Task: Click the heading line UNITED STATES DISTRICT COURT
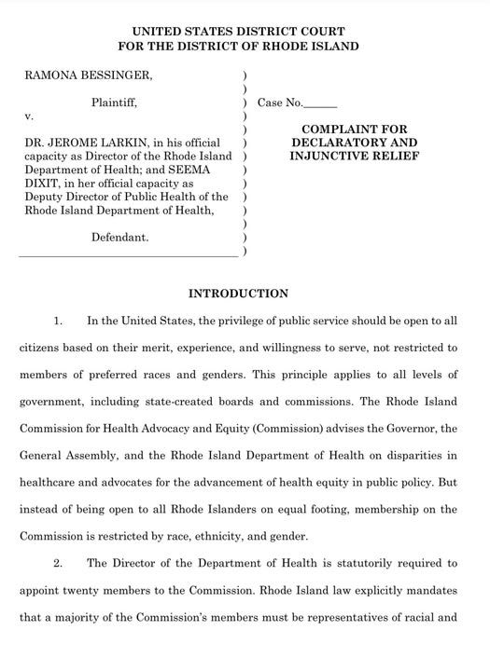238,31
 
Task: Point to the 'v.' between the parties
29,116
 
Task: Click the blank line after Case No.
321,103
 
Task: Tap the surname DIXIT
41,184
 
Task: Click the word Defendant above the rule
119,238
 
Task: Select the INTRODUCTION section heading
238,294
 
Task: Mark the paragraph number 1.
58,322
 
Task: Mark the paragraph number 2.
58,563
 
